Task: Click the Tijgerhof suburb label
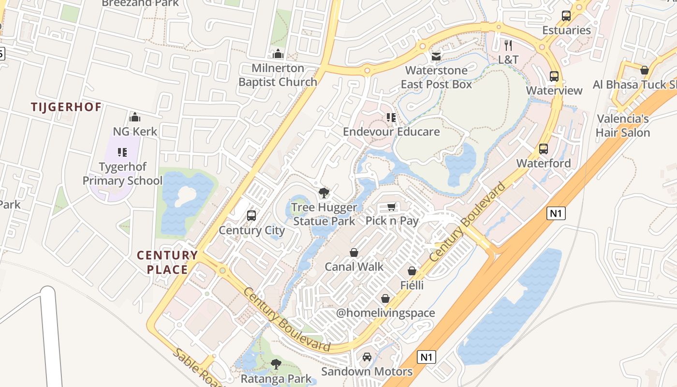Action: click(x=66, y=107)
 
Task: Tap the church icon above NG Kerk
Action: click(x=135, y=117)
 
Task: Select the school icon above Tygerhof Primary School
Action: click(x=122, y=153)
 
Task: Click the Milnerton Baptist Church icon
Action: click(x=278, y=53)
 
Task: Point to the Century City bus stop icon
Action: click(x=251, y=216)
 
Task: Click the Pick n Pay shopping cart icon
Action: click(x=392, y=207)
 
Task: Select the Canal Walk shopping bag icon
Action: click(x=354, y=253)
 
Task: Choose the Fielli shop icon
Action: click(x=412, y=271)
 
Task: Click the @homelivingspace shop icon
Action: click(x=385, y=298)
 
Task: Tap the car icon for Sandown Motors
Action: click(x=367, y=357)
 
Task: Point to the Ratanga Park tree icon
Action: click(x=276, y=364)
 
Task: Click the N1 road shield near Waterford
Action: click(x=557, y=213)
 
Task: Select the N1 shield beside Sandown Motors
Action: click(x=426, y=357)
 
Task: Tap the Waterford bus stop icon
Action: click(x=544, y=149)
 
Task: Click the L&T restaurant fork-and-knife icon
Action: click(x=508, y=45)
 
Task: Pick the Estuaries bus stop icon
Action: click(x=566, y=16)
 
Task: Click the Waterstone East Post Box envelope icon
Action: click(x=436, y=57)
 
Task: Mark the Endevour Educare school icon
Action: click(x=391, y=118)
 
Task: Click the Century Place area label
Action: click(x=167, y=262)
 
